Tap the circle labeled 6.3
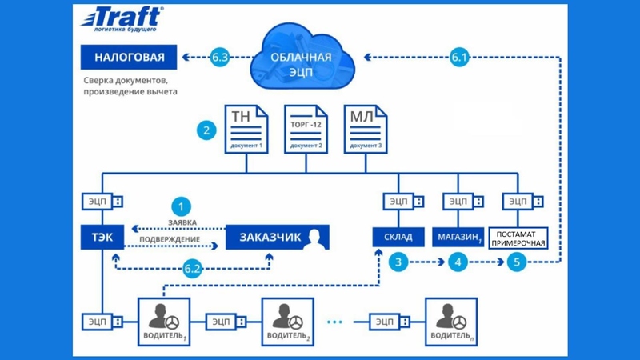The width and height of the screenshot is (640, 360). tap(222, 57)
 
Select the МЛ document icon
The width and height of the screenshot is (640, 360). tap(365, 130)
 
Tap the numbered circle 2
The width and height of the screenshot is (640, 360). tap(206, 130)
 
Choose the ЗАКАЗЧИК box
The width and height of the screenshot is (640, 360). tap(277, 238)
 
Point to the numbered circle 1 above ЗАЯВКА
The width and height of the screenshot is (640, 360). tap(183, 205)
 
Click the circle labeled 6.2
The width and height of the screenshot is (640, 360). tap(192, 270)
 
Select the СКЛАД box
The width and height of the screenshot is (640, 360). tap(398, 238)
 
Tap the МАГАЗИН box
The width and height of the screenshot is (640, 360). tap(459, 238)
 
